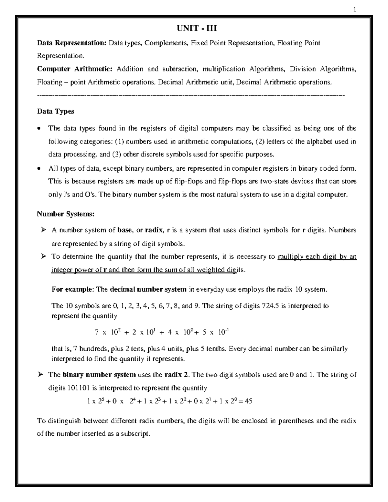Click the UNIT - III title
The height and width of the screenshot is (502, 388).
(196, 28)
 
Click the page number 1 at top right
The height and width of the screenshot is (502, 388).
(354, 10)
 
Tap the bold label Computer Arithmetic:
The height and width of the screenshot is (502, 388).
(75, 69)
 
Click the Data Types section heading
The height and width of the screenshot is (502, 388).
(55, 111)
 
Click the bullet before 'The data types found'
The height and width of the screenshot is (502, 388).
(39, 128)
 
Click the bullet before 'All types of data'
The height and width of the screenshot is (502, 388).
(39, 168)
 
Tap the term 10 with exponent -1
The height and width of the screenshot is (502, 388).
(223, 332)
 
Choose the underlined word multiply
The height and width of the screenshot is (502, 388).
(291, 257)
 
